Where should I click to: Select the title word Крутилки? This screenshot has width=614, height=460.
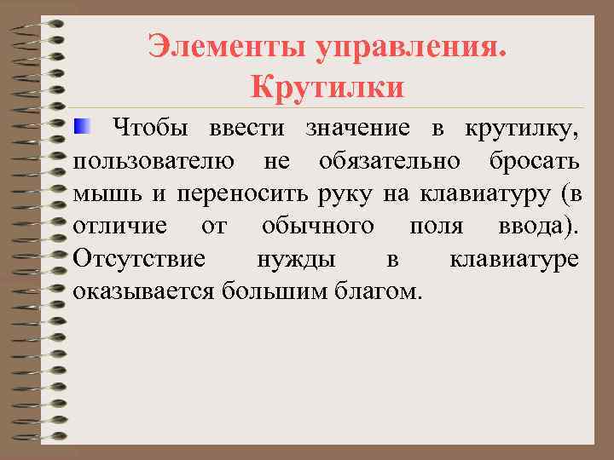click(x=327, y=87)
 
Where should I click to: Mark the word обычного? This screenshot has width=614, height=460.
click(x=317, y=227)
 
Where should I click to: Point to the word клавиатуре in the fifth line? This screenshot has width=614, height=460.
click(x=514, y=260)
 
